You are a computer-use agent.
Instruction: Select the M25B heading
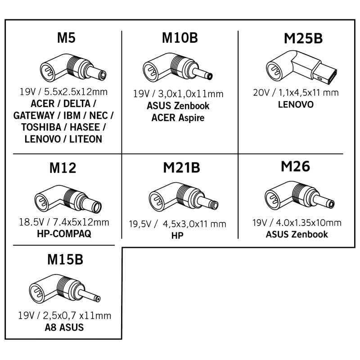tap(303, 39)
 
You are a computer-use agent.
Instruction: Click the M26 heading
tap(295, 167)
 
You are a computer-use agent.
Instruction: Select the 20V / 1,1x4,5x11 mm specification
tap(296, 93)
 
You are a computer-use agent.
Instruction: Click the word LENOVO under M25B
tap(296, 104)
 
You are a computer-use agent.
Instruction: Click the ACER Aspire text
tap(178, 118)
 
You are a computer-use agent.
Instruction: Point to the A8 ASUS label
tap(65, 327)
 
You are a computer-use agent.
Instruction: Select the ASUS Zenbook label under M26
tap(297, 234)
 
